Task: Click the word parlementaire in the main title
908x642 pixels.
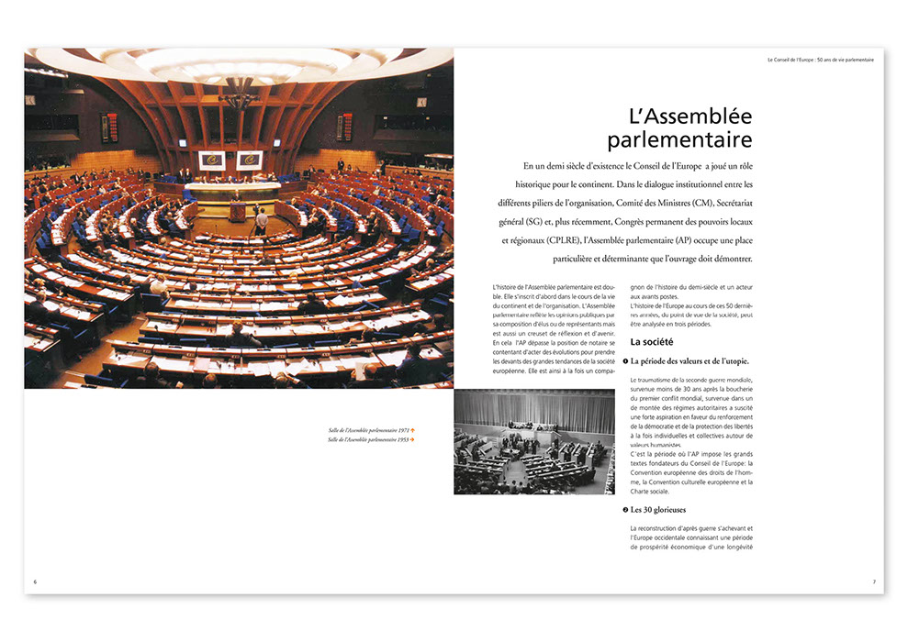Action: point(679,140)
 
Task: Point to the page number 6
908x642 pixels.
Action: point(34,581)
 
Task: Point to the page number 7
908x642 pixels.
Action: point(874,581)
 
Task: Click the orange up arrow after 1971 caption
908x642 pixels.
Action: point(413,429)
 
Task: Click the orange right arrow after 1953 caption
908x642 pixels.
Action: point(413,440)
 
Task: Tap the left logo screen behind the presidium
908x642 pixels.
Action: point(211,160)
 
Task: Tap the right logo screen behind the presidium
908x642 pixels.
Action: point(249,160)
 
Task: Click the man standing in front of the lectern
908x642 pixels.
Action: point(262,221)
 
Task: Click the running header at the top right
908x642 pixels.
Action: point(821,60)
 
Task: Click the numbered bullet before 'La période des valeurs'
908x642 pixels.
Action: point(623,361)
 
